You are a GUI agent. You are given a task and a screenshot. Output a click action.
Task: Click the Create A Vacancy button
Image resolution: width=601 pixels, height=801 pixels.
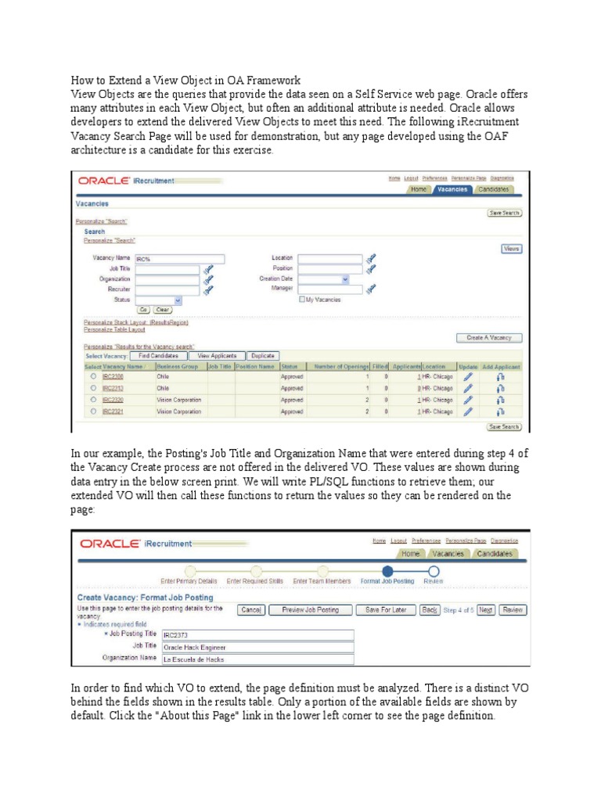488,337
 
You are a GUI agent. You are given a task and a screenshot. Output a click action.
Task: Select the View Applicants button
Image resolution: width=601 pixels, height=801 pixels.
221,355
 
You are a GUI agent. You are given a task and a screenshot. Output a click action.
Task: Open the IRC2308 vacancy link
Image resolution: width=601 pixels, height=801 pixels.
112,376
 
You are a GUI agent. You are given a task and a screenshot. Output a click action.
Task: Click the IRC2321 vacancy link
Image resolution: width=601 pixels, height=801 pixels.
112,411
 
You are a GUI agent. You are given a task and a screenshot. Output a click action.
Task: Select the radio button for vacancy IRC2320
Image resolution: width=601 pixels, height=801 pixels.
93,400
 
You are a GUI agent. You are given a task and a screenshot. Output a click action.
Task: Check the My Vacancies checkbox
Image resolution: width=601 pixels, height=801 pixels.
301,299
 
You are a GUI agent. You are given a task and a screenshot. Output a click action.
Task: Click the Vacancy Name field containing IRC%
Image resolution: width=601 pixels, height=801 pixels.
179,259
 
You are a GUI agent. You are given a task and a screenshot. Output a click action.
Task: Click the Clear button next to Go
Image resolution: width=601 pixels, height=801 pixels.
163,310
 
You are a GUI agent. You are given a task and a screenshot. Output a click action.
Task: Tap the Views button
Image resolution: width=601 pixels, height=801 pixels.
511,249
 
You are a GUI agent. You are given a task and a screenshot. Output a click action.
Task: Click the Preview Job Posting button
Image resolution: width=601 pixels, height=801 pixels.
311,610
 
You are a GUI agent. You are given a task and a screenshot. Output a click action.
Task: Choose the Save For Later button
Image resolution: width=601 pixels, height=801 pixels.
384,610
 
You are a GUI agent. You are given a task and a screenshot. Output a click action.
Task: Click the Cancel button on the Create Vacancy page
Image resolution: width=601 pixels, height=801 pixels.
250,610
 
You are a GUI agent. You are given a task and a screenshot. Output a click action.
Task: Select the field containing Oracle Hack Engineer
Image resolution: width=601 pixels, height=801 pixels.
257,647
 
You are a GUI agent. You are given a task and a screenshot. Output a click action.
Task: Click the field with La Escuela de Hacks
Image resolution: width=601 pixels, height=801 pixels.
257,659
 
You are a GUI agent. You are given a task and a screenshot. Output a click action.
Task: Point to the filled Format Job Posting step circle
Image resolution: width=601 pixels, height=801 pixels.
387,571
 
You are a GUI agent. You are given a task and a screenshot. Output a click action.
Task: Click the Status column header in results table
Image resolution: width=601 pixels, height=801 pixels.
290,366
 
